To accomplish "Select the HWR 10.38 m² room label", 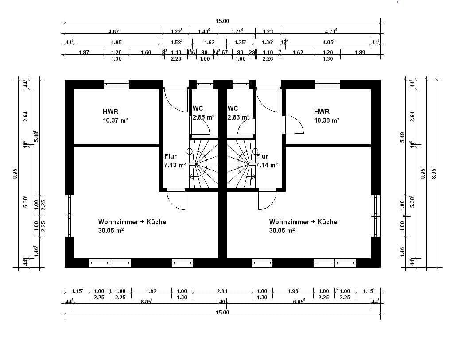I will click(x=327, y=116).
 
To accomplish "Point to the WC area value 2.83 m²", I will click(x=238, y=117).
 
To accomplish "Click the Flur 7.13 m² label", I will click(x=173, y=161).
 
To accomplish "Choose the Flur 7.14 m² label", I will click(x=267, y=161).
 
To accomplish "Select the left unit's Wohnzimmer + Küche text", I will click(x=132, y=221).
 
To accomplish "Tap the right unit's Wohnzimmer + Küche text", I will click(x=303, y=221).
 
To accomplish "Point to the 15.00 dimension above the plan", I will click(x=222, y=21).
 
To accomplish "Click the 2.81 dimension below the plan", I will click(x=222, y=291).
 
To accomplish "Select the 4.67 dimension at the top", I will click(x=113, y=31).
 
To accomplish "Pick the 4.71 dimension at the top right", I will click(x=331, y=31).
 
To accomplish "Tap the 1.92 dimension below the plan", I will click(x=152, y=291).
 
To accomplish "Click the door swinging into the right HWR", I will click(x=293, y=125).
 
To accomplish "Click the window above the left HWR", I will click(x=117, y=84).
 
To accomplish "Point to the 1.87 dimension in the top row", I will click(x=84, y=52).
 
